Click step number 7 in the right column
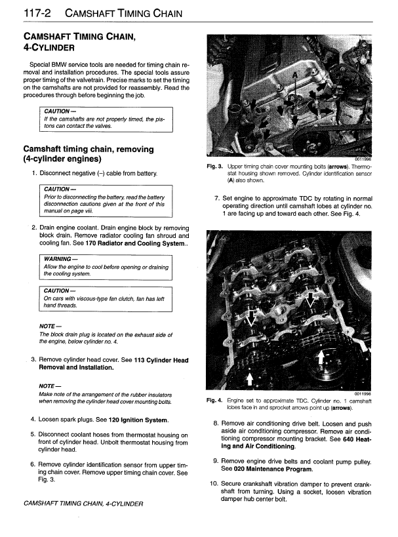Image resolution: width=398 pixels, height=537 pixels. coord(217,198)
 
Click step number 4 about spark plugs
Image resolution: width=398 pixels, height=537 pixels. coord(33,419)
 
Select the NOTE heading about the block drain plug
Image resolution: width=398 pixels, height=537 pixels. coord(50,327)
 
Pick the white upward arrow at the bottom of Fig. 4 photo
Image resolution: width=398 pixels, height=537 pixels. coord(249,379)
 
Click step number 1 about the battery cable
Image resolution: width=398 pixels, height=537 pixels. coord(33,174)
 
